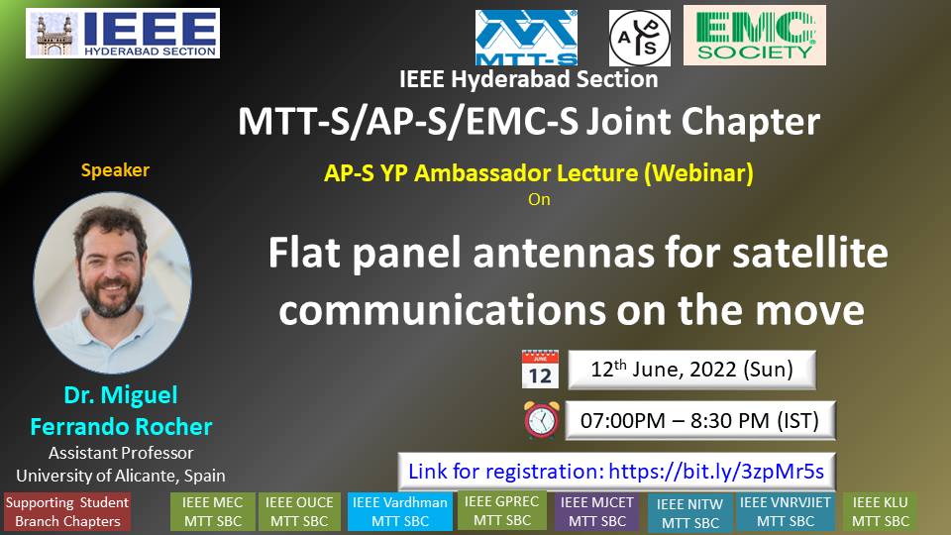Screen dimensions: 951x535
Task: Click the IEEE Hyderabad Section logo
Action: click(x=123, y=34)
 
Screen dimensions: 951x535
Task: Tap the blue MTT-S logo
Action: click(x=526, y=37)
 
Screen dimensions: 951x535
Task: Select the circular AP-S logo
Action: click(x=640, y=38)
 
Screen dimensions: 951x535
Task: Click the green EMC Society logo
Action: click(x=755, y=36)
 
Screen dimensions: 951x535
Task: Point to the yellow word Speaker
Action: click(x=115, y=169)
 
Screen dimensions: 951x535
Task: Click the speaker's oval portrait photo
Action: click(x=113, y=282)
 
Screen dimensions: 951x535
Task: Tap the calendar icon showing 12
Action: click(x=540, y=369)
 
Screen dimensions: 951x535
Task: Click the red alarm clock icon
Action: click(x=542, y=419)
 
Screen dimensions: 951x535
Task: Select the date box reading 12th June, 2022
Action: click(x=692, y=370)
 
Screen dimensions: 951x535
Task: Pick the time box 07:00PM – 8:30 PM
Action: click(x=700, y=420)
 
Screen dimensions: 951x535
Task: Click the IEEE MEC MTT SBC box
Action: click(x=213, y=512)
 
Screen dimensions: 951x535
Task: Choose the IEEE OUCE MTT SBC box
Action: click(x=299, y=512)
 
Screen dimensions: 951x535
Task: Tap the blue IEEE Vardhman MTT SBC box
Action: click(x=400, y=512)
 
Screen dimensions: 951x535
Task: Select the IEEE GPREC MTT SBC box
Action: click(x=502, y=511)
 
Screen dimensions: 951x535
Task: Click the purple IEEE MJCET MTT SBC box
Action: click(x=596, y=512)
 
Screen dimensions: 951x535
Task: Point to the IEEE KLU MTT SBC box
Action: click(x=880, y=512)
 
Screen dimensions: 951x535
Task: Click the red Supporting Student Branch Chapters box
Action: click(x=67, y=512)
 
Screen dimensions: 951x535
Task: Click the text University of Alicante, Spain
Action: click(x=121, y=476)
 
